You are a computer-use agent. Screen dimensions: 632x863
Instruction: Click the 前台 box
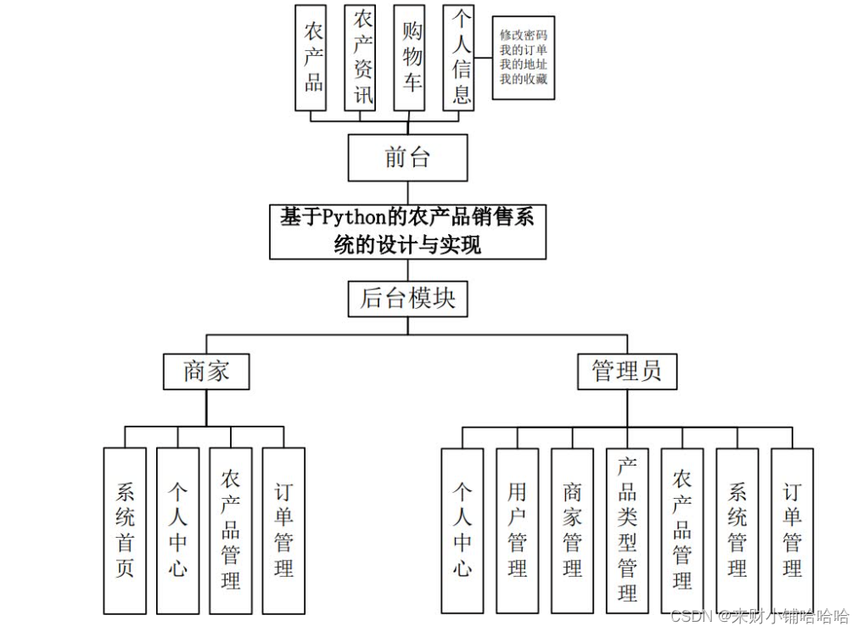[x=407, y=158]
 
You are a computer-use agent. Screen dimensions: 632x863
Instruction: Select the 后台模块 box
[x=407, y=298]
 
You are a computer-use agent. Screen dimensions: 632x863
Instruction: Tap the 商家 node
[x=206, y=372]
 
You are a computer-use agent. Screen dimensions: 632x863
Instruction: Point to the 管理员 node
[x=627, y=372]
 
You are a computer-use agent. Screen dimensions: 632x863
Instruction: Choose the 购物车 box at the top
[x=410, y=58]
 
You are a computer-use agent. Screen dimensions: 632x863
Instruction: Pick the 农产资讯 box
[x=361, y=58]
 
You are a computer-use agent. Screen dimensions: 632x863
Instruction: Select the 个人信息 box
[x=459, y=58]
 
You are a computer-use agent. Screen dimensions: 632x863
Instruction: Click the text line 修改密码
[x=523, y=36]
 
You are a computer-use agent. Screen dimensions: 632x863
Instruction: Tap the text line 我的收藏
[x=523, y=80]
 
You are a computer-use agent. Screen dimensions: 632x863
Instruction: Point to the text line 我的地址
[x=523, y=65]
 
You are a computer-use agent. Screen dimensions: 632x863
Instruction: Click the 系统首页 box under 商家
[x=125, y=530]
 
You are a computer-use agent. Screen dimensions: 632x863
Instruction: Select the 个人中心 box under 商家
[x=177, y=530]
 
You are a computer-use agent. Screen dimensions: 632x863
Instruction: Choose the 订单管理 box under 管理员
[x=792, y=530]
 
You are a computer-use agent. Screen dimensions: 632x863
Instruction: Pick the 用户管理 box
[x=517, y=530]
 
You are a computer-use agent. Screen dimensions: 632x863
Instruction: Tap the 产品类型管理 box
[x=627, y=530]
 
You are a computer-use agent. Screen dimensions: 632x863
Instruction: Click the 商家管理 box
[x=572, y=530]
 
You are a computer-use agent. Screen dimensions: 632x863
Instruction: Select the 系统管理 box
[x=737, y=530]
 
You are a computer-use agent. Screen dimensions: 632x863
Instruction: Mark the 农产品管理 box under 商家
[x=231, y=530]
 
